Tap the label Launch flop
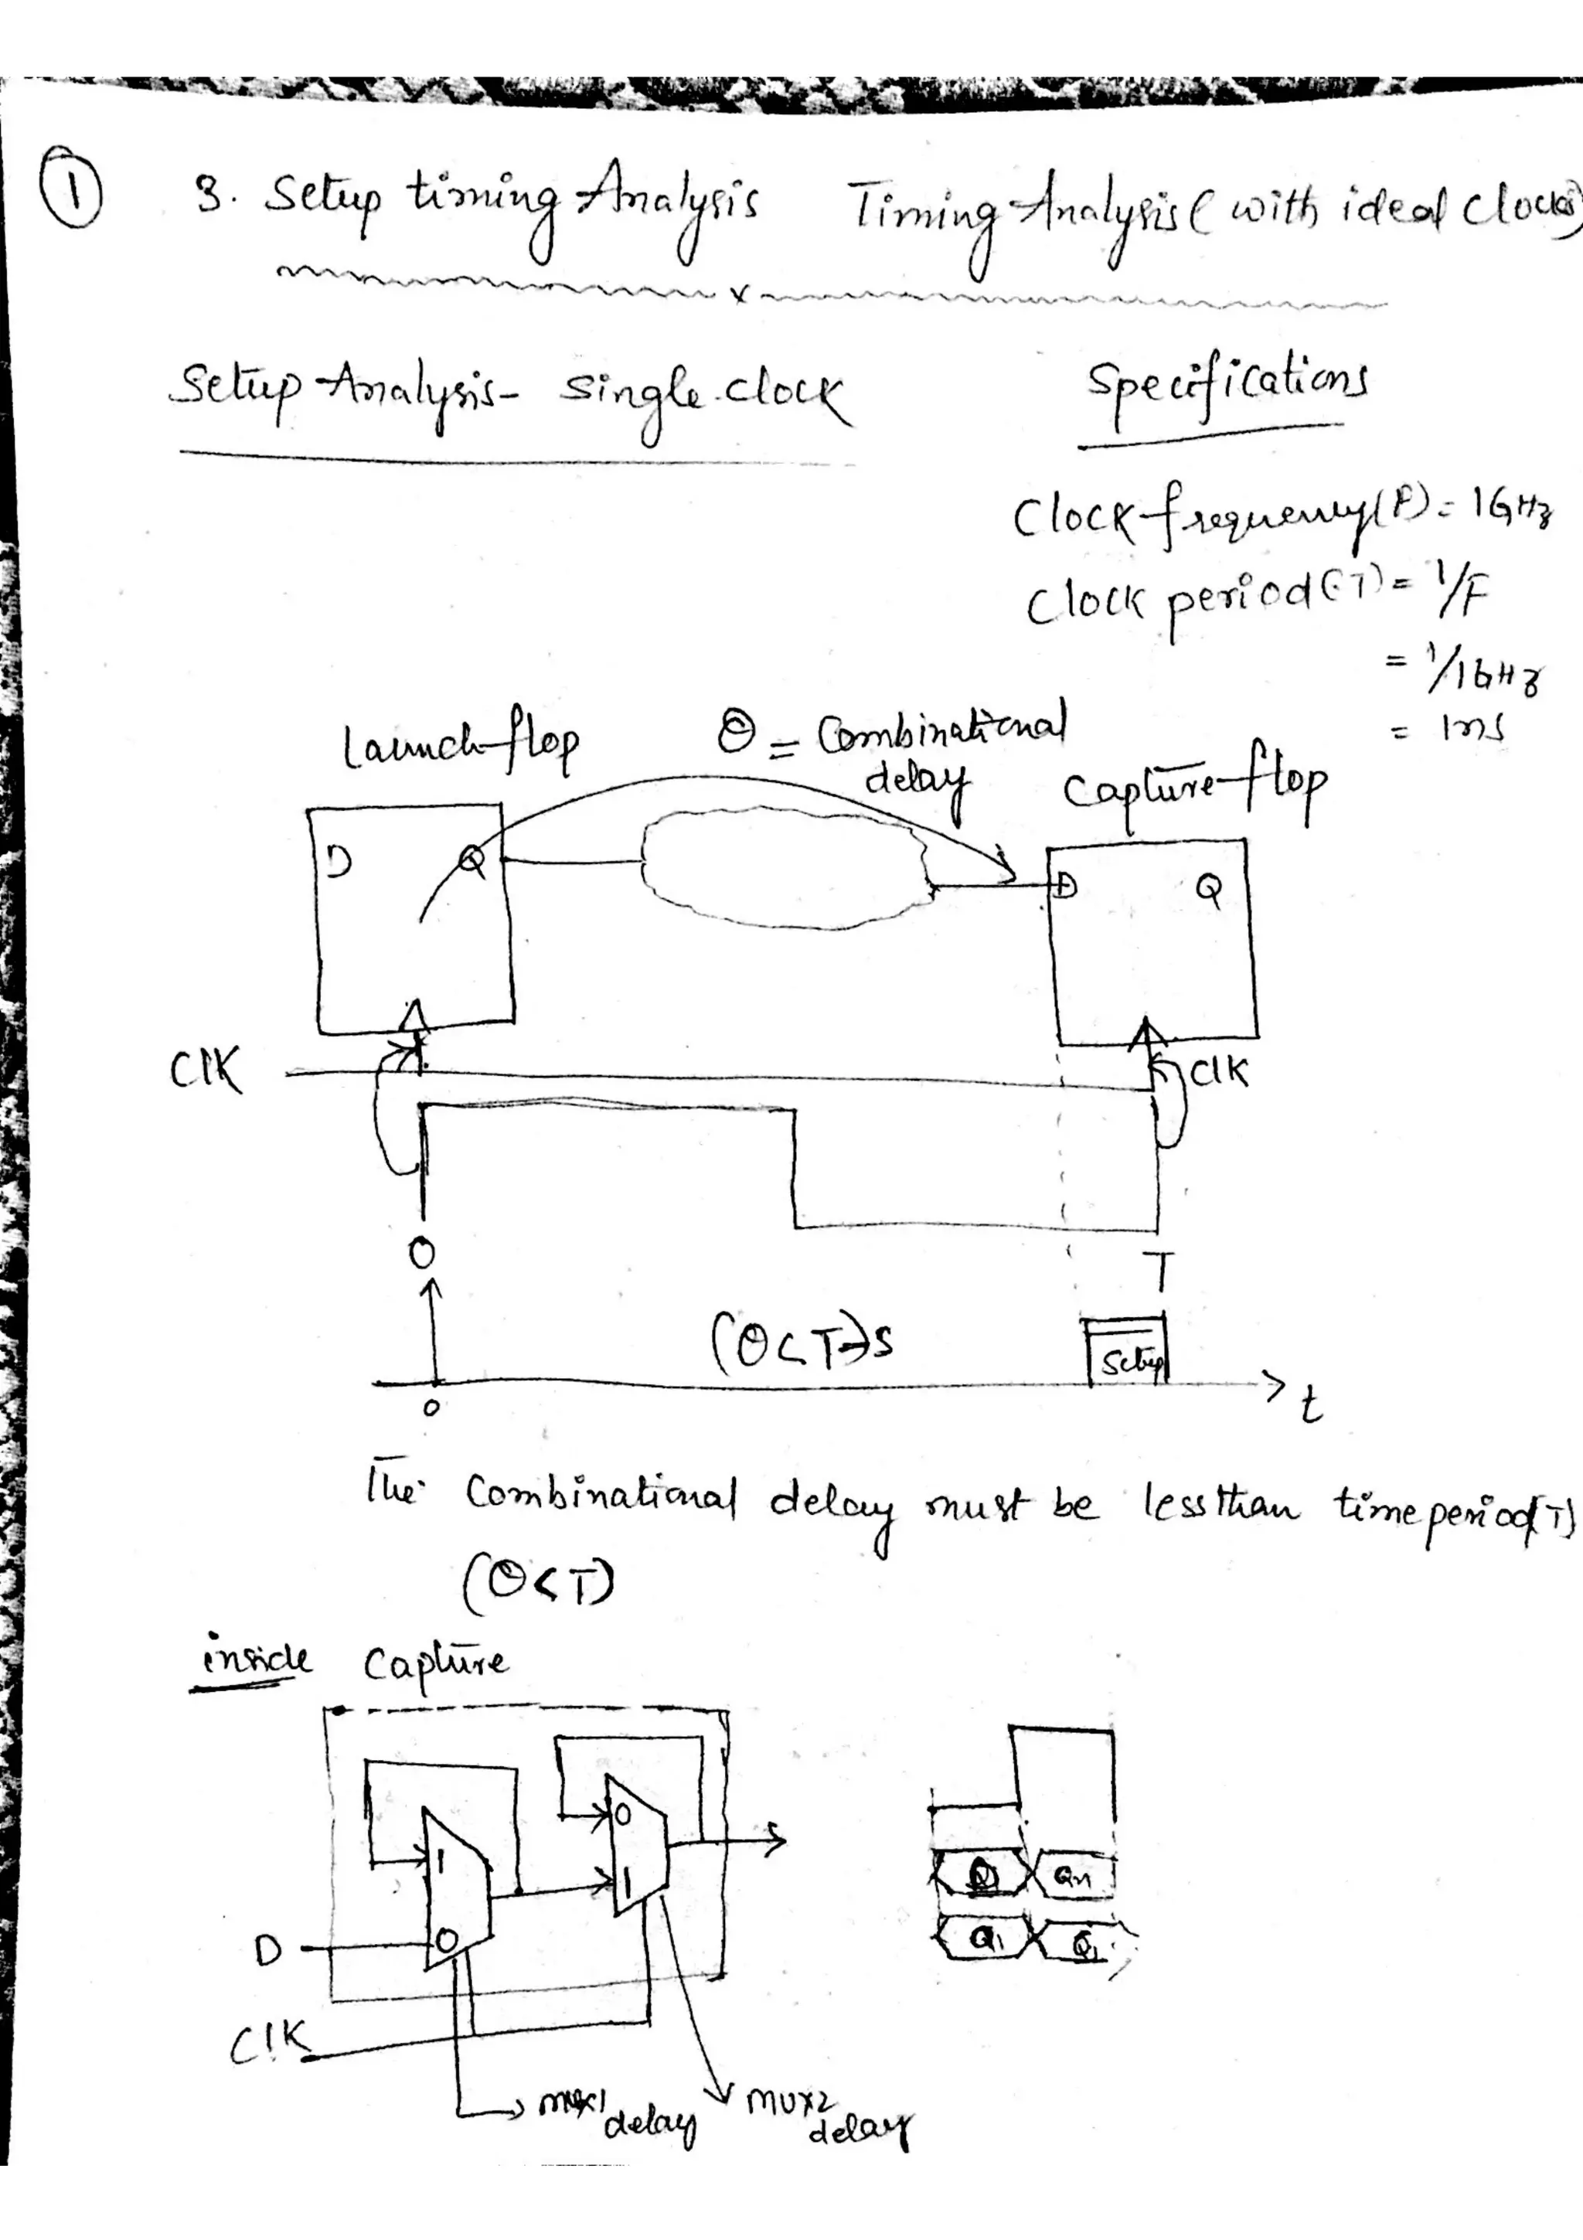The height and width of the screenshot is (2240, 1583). point(461,747)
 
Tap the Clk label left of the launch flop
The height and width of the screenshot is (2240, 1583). point(205,1073)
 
